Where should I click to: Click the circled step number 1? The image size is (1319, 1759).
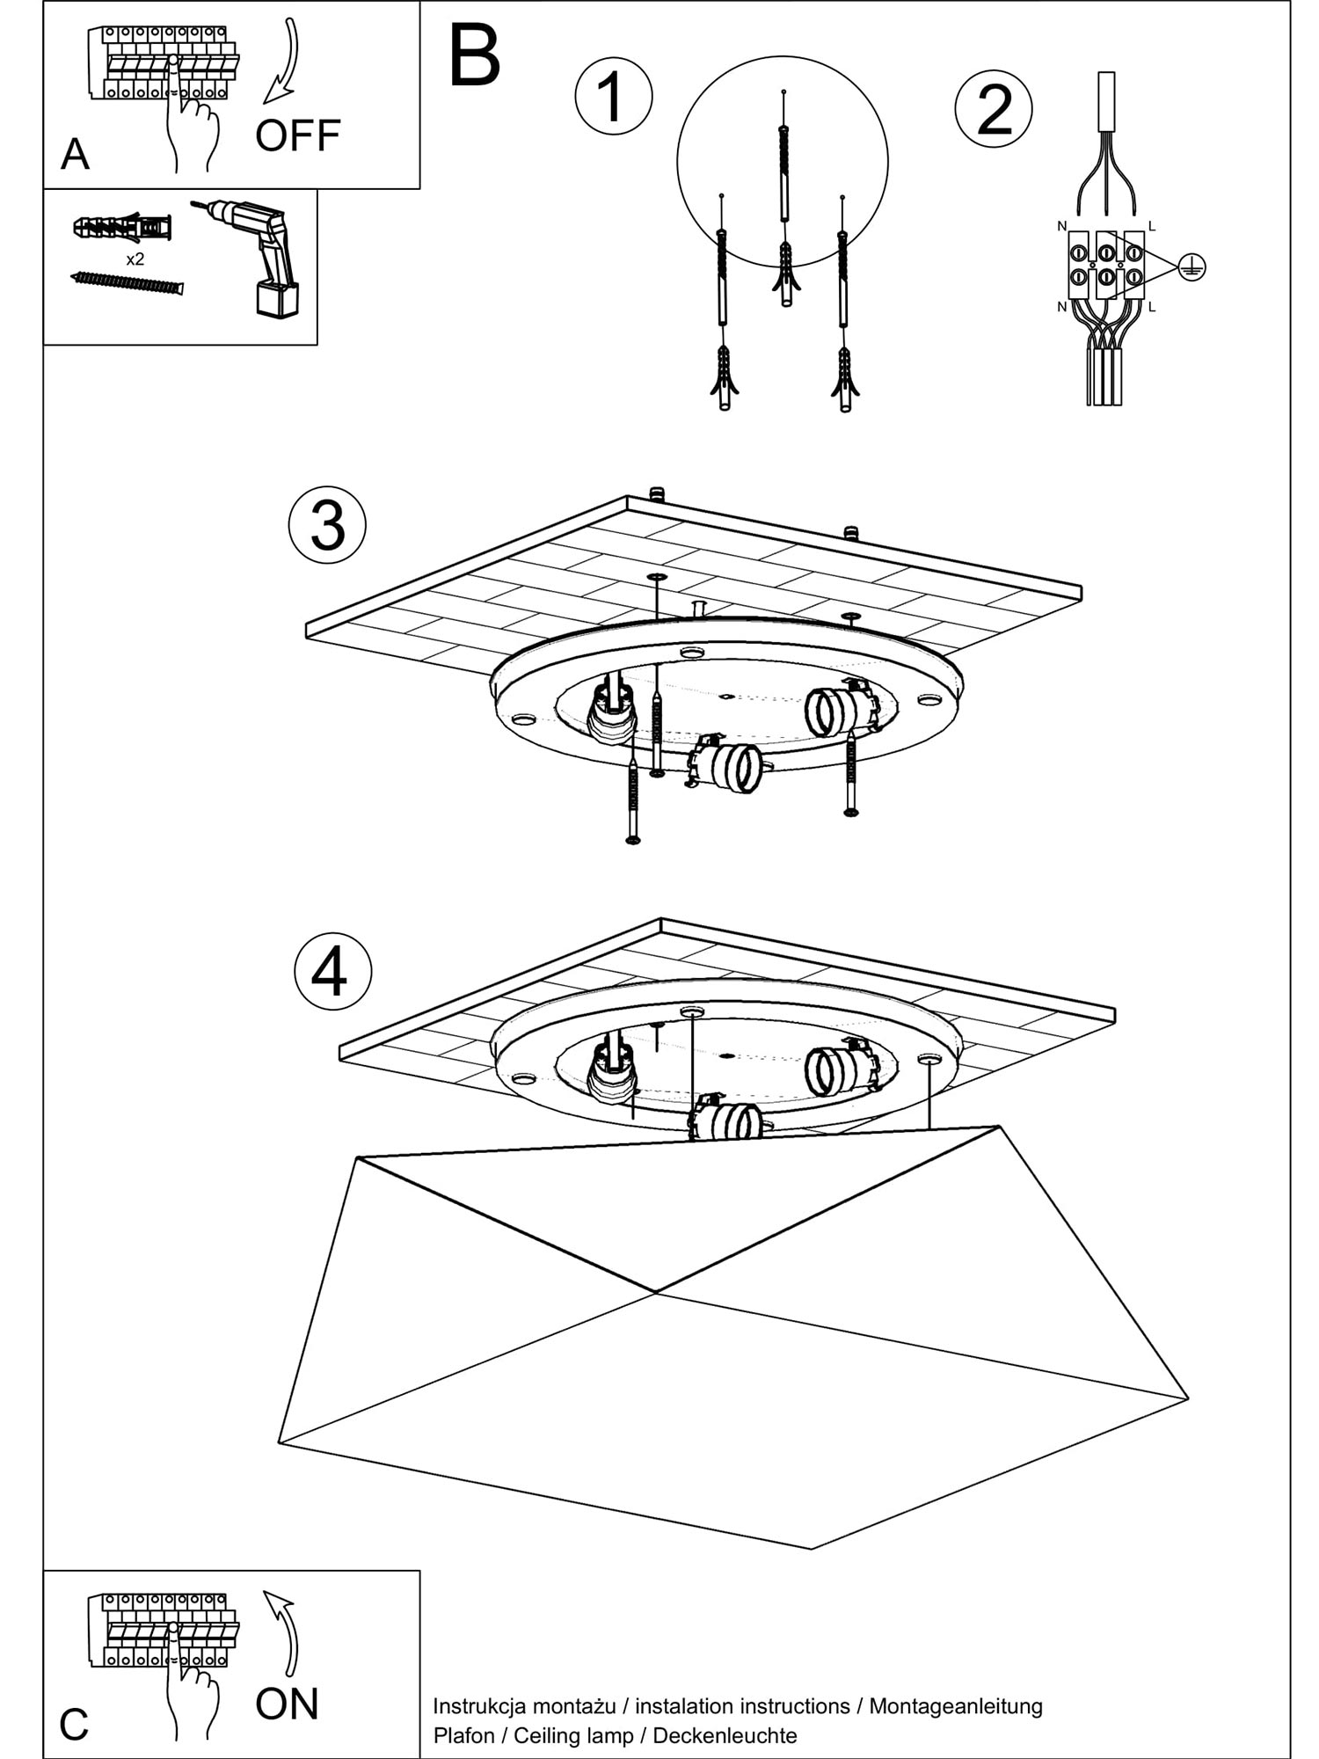(613, 96)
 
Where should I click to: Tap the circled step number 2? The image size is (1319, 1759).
(994, 110)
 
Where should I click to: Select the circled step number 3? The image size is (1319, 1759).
(327, 526)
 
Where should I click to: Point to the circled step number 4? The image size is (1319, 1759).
(332, 972)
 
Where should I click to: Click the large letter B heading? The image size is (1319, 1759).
(475, 56)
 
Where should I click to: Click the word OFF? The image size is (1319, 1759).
(297, 135)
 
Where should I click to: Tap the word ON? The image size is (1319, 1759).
(287, 1704)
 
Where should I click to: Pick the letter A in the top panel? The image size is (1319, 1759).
(75, 155)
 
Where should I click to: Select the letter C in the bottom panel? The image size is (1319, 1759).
(75, 1725)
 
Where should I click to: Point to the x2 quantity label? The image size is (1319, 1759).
(135, 259)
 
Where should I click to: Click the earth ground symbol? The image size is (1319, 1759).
(1191, 267)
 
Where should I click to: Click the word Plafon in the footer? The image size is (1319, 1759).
(463, 1735)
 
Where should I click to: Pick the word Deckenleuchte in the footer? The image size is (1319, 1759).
(725, 1735)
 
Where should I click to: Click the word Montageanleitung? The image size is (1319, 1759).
(956, 1706)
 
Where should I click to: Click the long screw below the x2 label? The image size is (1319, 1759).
(127, 283)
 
